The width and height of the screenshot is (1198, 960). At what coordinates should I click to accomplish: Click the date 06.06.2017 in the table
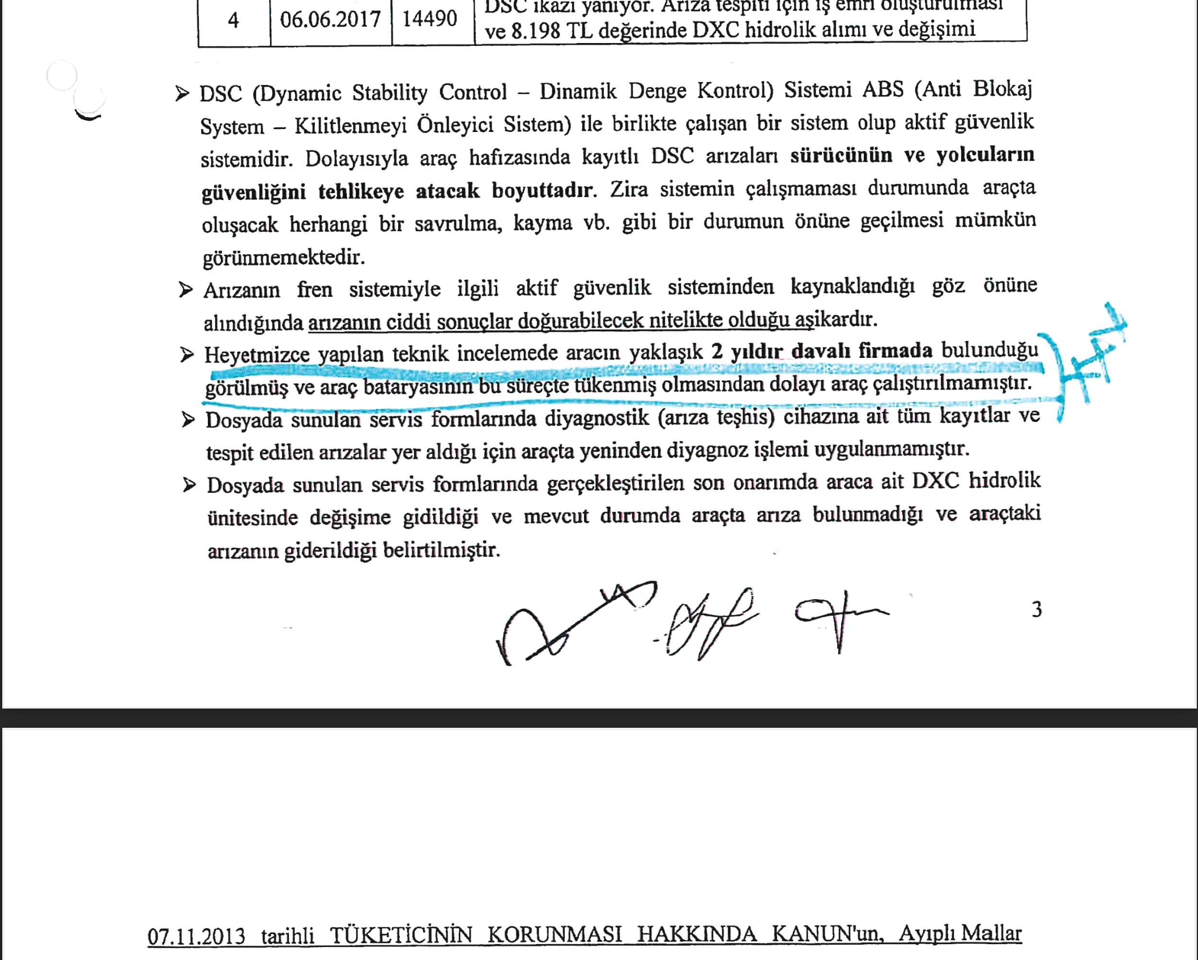tap(330, 20)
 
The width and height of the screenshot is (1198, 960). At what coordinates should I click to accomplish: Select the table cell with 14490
tap(429, 19)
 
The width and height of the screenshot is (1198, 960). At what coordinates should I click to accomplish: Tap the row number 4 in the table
tap(233, 21)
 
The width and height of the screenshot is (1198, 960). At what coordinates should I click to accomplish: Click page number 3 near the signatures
tap(1037, 609)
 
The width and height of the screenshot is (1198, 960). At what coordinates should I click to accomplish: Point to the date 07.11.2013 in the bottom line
tap(196, 936)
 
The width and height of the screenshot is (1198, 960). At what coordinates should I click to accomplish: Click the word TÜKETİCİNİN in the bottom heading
tap(400, 935)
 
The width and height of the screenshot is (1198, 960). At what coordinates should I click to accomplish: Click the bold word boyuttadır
tap(543, 190)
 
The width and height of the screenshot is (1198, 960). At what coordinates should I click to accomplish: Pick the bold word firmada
tap(895, 351)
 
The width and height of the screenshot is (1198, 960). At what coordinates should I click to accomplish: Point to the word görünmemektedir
tap(283, 258)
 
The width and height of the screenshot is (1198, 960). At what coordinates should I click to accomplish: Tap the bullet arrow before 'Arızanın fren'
tap(185, 291)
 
